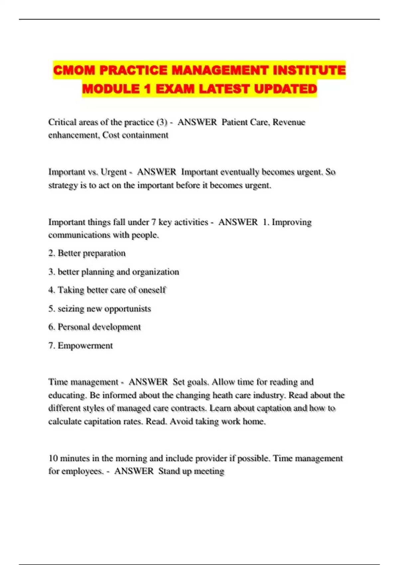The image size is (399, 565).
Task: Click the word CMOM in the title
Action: click(74, 70)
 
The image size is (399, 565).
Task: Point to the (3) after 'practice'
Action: click(162, 122)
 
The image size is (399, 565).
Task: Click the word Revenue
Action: click(289, 122)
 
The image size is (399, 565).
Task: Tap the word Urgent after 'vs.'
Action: click(113, 172)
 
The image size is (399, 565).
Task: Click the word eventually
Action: click(239, 172)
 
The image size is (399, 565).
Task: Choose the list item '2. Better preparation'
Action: click(87, 253)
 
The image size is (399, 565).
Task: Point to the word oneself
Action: click(152, 290)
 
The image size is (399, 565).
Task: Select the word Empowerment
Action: click(85, 346)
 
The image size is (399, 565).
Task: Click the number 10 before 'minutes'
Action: click(53, 458)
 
